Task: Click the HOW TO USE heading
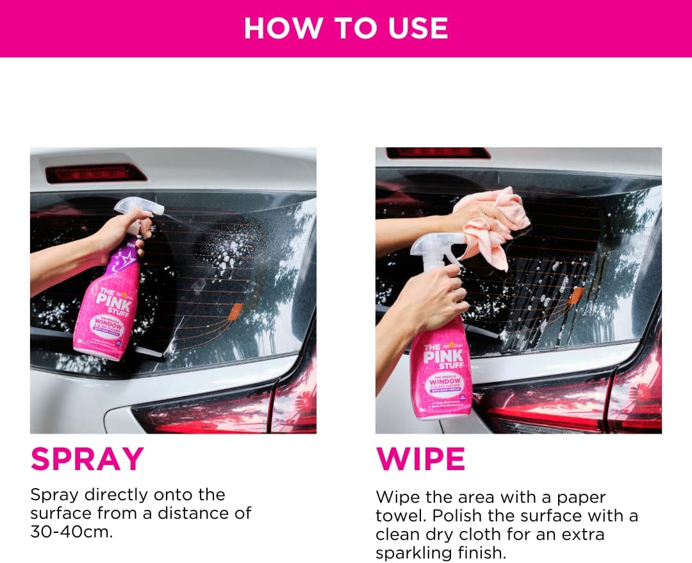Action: (x=346, y=28)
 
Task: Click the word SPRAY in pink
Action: (x=87, y=459)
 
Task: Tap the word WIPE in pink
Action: (x=420, y=459)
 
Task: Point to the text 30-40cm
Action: (x=70, y=532)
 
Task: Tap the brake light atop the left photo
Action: (x=96, y=173)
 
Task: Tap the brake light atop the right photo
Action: (x=438, y=153)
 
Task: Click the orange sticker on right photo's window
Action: (x=575, y=295)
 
